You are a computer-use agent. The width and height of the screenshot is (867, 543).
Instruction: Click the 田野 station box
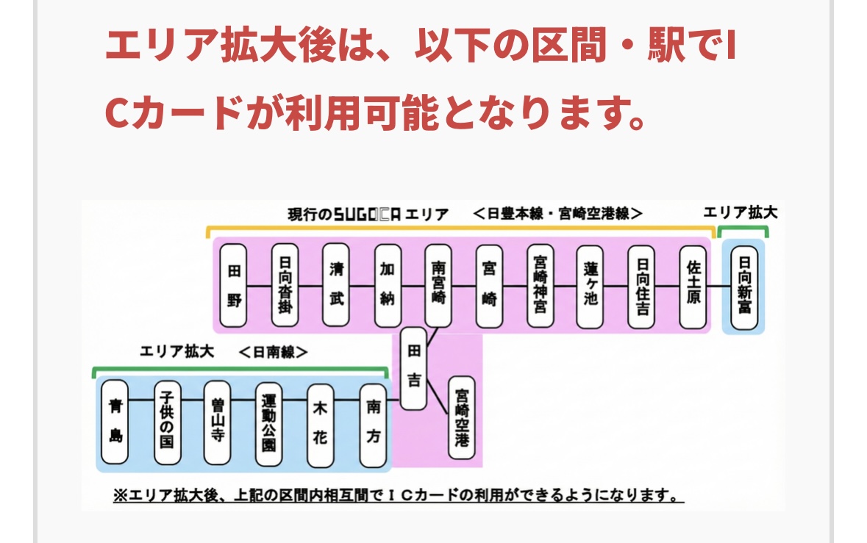coord(234,285)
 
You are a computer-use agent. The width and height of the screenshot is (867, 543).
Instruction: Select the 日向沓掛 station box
coord(285,285)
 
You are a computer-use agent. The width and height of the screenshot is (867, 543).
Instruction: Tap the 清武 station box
coord(336,285)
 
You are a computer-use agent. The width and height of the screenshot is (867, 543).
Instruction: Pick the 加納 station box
coord(388,285)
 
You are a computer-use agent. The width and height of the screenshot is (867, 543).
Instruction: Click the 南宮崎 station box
coord(438,285)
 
